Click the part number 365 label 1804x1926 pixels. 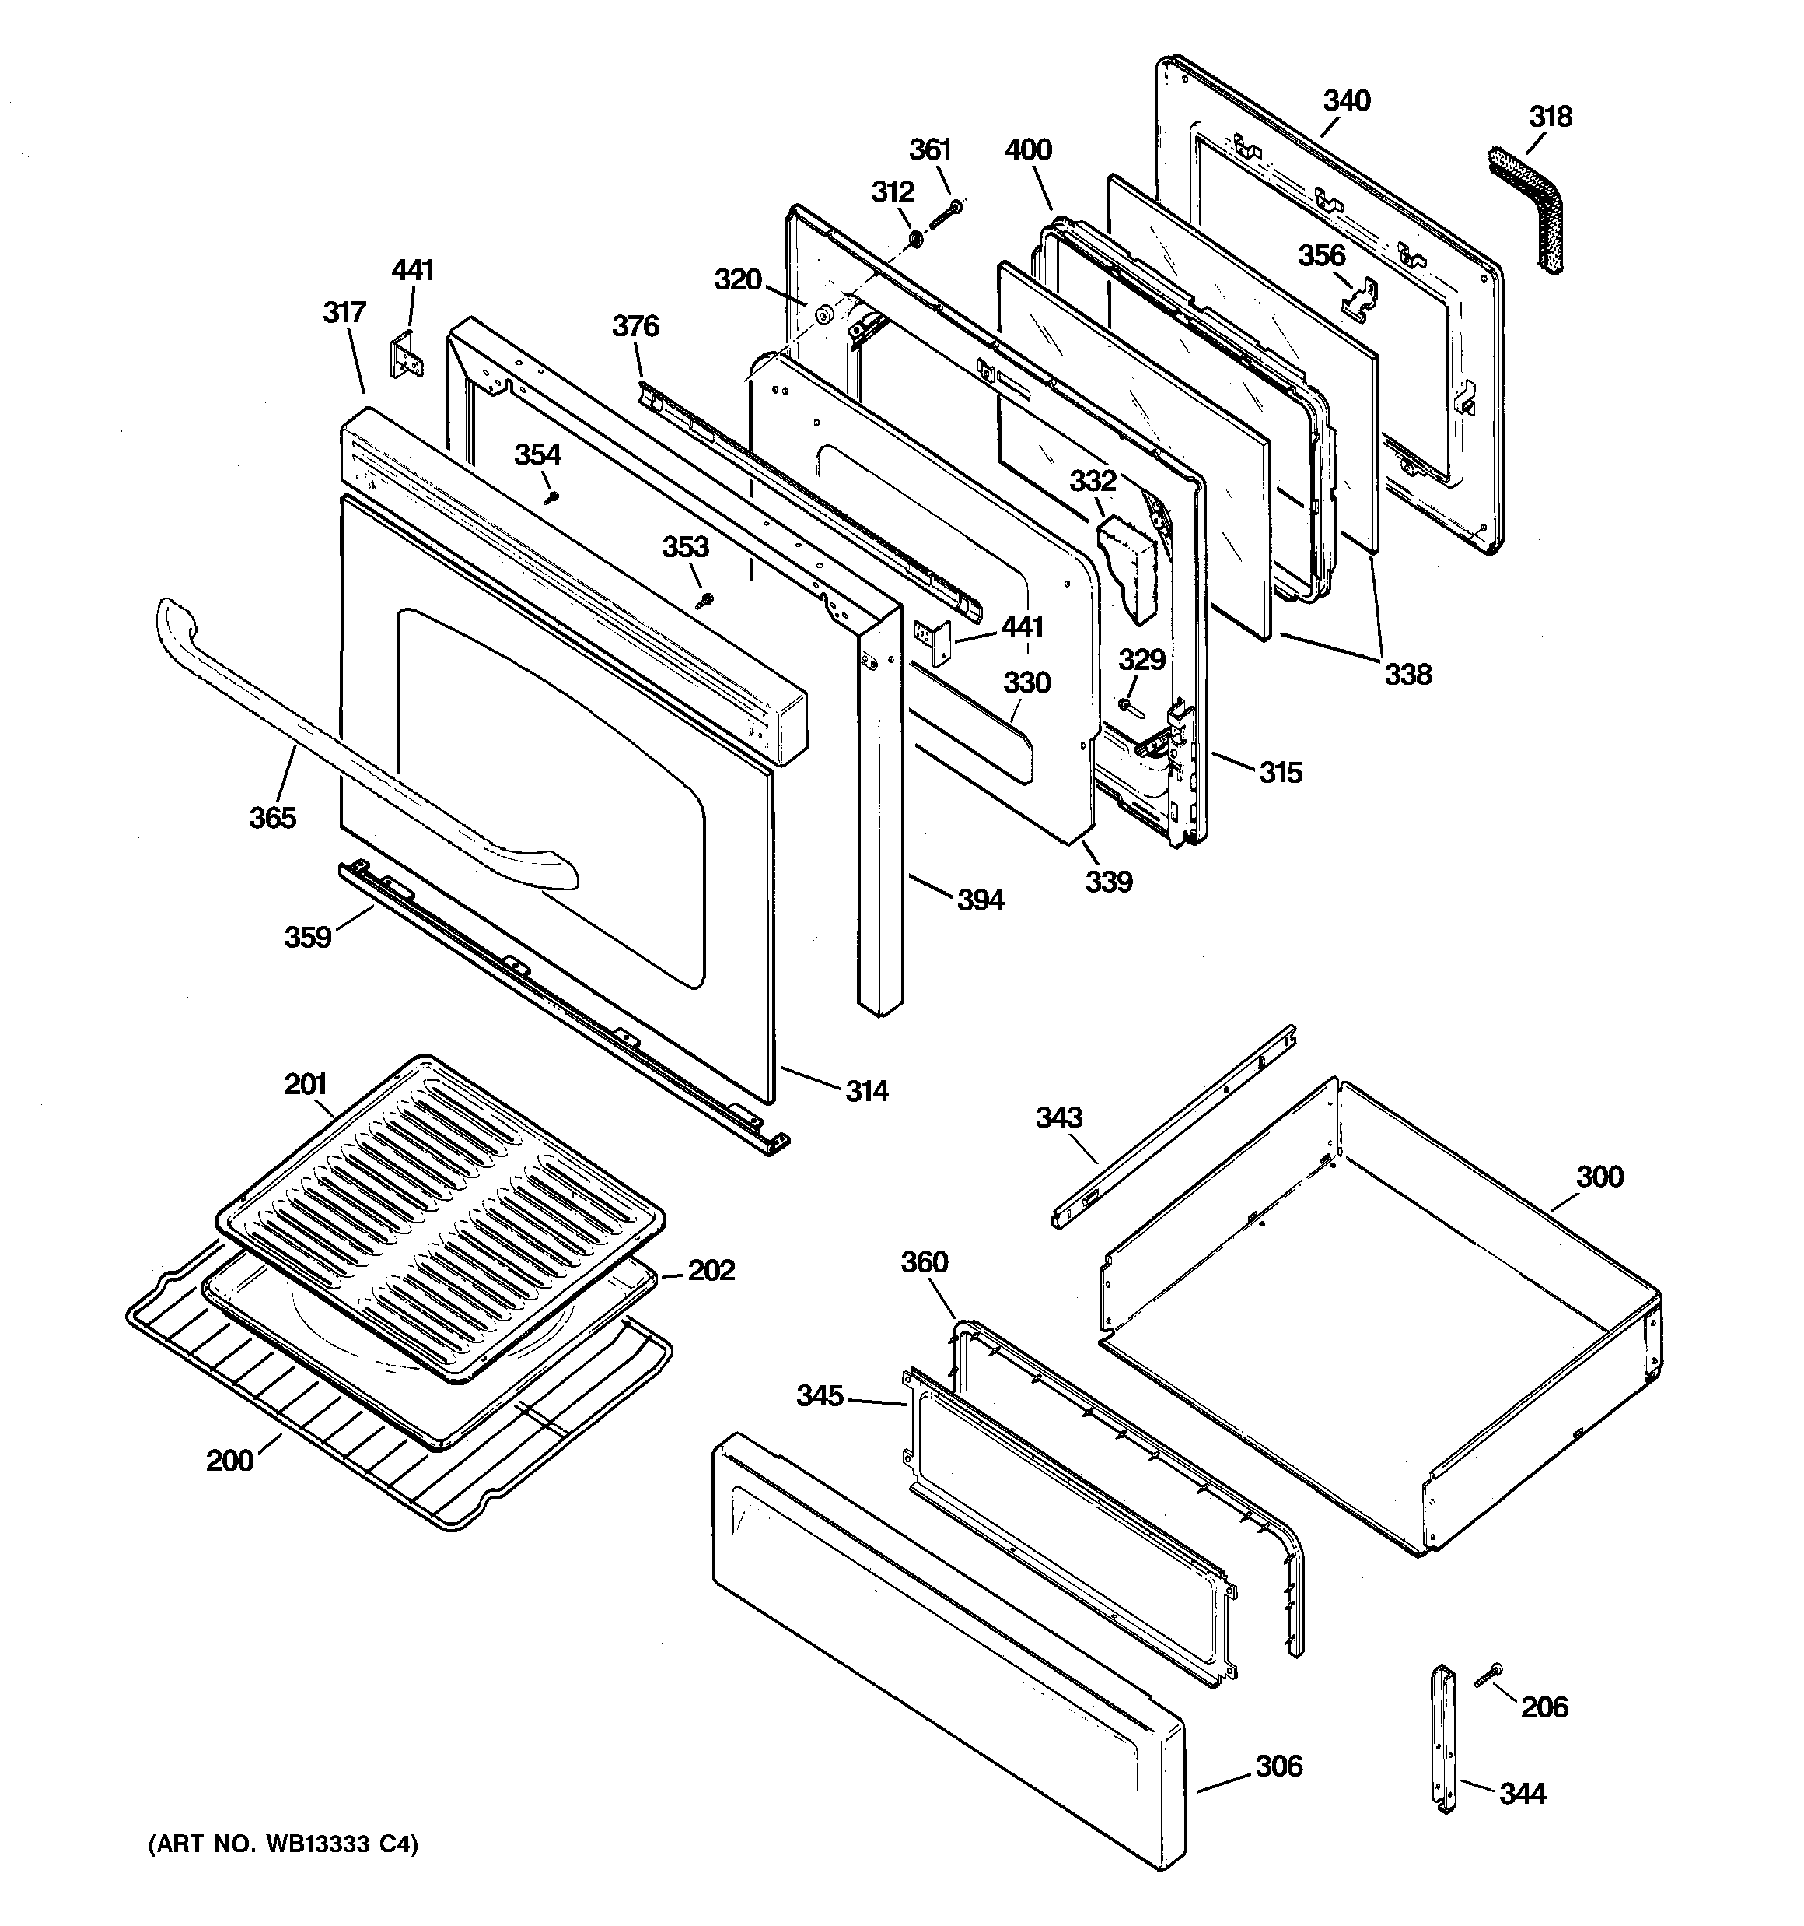pyautogui.click(x=272, y=818)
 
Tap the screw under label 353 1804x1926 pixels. pyautogui.click(x=706, y=601)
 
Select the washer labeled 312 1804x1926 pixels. pyautogui.click(x=914, y=237)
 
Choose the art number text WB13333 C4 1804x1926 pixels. pyautogui.click(x=283, y=1844)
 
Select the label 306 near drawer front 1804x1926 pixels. pyautogui.click(x=1278, y=1766)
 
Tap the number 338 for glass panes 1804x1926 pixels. pyautogui.click(x=1407, y=674)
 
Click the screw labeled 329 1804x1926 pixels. pyautogui.click(x=1129, y=705)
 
